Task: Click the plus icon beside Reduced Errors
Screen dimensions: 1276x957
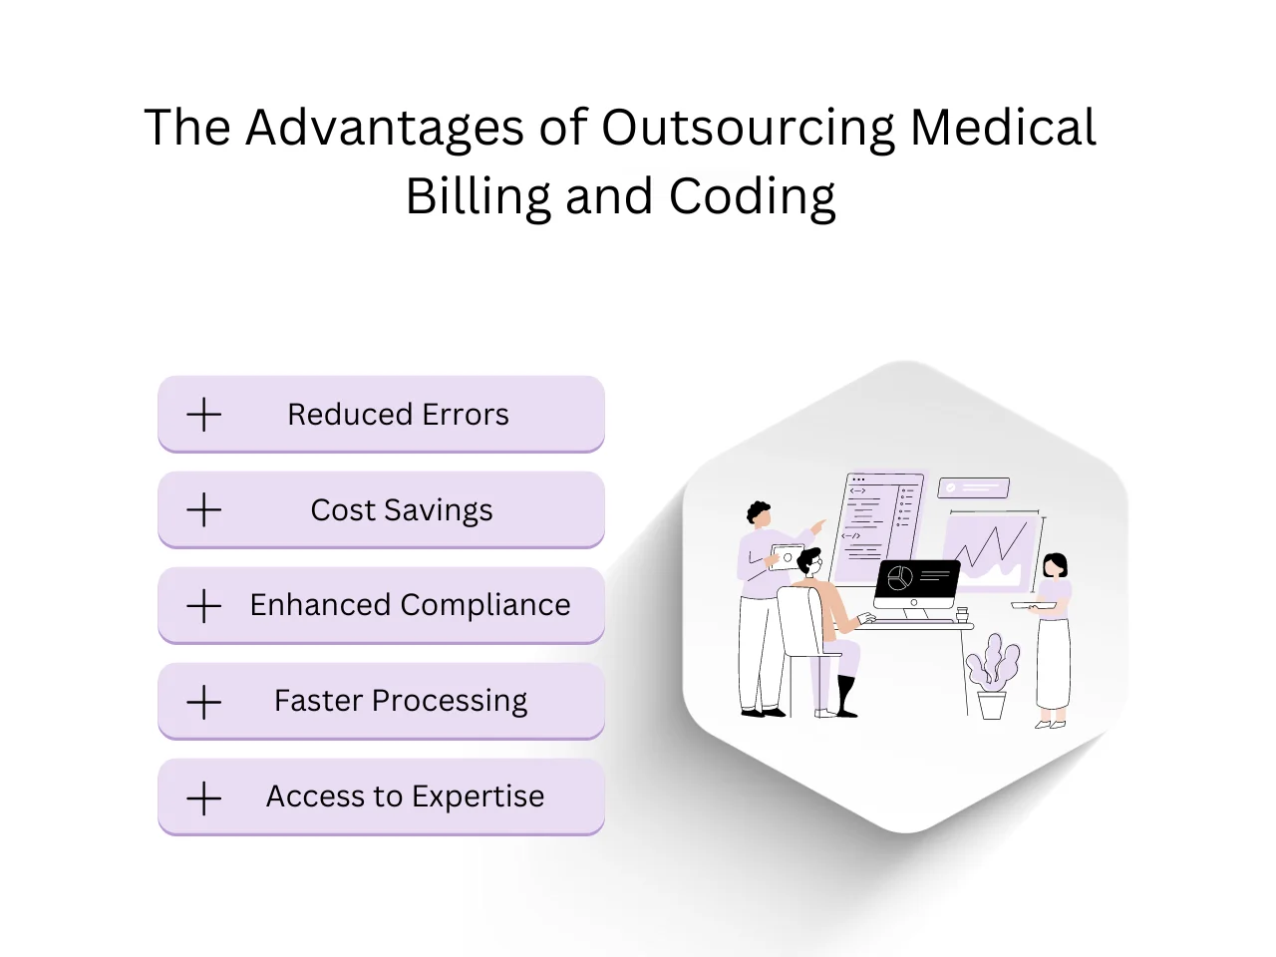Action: point(204,415)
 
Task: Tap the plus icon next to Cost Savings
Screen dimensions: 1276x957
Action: point(204,510)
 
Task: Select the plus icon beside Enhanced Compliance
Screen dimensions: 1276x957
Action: point(204,606)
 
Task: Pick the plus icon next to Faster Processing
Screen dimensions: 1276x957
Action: point(204,702)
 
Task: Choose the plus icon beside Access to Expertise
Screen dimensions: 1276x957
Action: point(204,797)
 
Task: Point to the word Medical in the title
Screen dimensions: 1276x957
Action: point(1003,128)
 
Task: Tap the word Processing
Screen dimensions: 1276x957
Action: point(450,701)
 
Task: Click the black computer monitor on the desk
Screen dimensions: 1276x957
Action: point(916,584)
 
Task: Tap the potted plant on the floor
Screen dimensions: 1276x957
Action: point(992,677)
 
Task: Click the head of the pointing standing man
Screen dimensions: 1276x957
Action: point(759,514)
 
